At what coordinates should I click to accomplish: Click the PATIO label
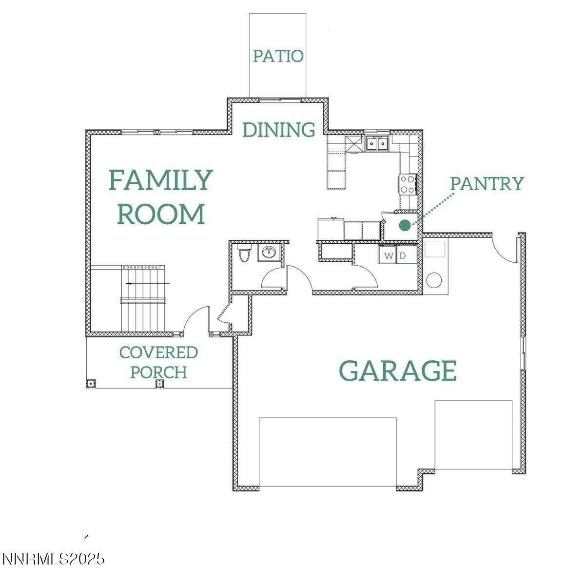pyautogui.click(x=278, y=56)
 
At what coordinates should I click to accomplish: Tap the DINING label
pyautogui.click(x=279, y=130)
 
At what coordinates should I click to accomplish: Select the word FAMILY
pyautogui.click(x=161, y=180)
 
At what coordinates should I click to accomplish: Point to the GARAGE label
pyautogui.click(x=398, y=370)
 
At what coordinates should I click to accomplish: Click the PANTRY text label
pyautogui.click(x=487, y=183)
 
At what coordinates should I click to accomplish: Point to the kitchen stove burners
pyautogui.click(x=408, y=184)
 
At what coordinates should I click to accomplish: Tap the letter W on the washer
pyautogui.click(x=388, y=255)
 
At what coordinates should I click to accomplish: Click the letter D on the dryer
pyautogui.click(x=403, y=255)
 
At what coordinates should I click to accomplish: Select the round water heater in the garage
pyautogui.click(x=434, y=280)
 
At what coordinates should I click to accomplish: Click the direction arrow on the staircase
pyautogui.click(x=148, y=283)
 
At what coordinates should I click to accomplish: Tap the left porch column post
pyautogui.click(x=91, y=383)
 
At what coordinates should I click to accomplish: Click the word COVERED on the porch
pyautogui.click(x=158, y=352)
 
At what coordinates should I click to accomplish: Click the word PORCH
pyautogui.click(x=158, y=372)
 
